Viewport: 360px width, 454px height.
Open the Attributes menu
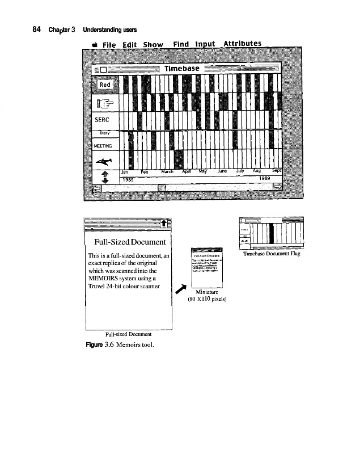(x=242, y=44)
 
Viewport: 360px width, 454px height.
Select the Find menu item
(x=181, y=44)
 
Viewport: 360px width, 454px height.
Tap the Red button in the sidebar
(x=105, y=85)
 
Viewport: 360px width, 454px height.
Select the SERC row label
(x=105, y=121)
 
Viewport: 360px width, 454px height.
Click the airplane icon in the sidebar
(x=105, y=159)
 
